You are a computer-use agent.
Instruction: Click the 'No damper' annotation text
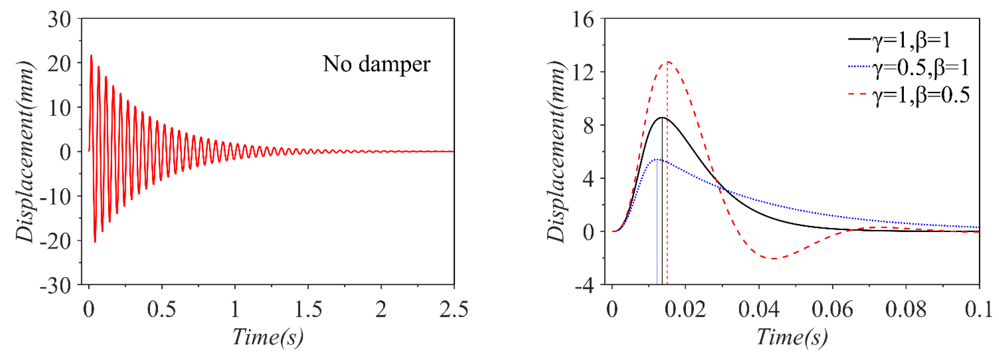click(376, 64)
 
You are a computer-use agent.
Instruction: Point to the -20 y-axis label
click(56, 242)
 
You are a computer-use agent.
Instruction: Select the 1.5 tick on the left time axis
click(308, 310)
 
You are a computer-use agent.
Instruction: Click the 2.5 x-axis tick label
click(453, 310)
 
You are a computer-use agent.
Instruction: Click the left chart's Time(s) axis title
click(268, 337)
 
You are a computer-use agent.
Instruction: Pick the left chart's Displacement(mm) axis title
click(26, 151)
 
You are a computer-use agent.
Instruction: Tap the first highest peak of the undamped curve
click(91, 55)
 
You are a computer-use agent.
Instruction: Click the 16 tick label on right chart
click(583, 19)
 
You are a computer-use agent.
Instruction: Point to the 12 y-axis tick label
click(583, 72)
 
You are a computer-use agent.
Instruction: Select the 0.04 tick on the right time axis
click(759, 310)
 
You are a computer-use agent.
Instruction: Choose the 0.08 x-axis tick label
click(905, 310)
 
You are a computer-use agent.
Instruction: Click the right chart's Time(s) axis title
click(792, 337)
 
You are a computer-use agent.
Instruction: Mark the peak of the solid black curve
click(662, 117)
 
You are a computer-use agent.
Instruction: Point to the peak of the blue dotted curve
click(657, 159)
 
